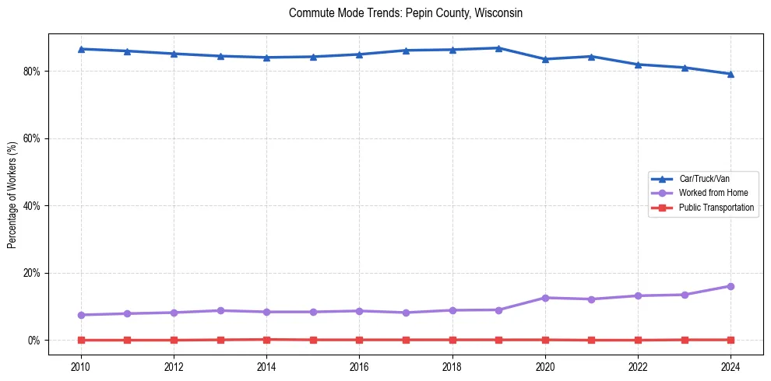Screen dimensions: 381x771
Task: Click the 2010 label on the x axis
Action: pyautogui.click(x=81, y=365)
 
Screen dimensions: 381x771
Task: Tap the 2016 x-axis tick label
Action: pyautogui.click(x=359, y=365)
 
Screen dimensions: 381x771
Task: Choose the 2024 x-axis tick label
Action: pyautogui.click(x=731, y=365)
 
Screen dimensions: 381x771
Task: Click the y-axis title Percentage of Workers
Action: pyautogui.click(x=12, y=194)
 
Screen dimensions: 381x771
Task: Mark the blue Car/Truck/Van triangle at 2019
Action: pyautogui.click(x=498, y=48)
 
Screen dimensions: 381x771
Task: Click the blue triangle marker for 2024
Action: pyautogui.click(x=731, y=74)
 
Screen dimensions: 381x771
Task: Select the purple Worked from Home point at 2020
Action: pyautogui.click(x=545, y=298)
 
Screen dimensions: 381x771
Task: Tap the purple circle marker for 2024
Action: pyautogui.click(x=731, y=286)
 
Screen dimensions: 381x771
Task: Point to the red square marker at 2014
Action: pyautogui.click(x=266, y=339)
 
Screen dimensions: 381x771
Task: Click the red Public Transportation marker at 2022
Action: pyautogui.click(x=638, y=340)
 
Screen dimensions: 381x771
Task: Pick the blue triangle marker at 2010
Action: pyautogui.click(x=81, y=49)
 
